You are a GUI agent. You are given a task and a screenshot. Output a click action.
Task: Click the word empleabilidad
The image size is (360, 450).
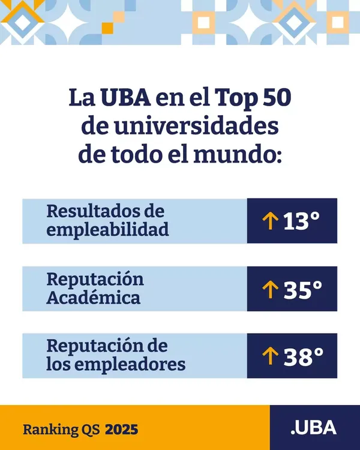coord(107,230)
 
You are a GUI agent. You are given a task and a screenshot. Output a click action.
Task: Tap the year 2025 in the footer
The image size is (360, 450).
coord(122,430)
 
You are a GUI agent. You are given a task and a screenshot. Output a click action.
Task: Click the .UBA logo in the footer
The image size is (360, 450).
coord(313,428)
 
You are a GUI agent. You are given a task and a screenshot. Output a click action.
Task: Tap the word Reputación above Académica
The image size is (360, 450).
coord(95,280)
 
